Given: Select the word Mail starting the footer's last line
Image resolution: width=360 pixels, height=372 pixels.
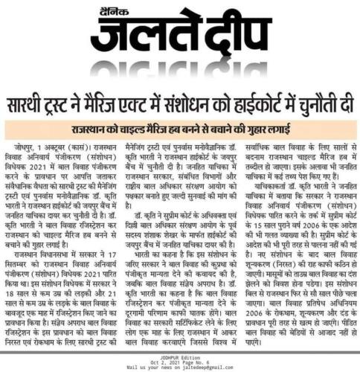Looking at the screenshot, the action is click(134, 366).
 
